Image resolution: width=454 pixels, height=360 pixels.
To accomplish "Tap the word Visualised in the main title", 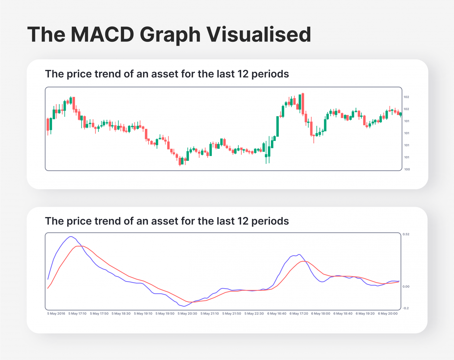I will click(x=259, y=35).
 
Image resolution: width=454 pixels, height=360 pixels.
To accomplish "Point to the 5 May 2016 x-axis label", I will click(x=56, y=314).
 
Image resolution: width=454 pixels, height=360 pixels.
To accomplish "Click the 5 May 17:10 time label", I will click(x=77, y=314).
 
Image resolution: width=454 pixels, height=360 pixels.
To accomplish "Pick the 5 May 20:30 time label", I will click(x=187, y=314).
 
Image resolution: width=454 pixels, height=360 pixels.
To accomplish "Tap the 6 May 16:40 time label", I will click(x=277, y=314).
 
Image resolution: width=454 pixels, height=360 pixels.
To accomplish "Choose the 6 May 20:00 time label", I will click(x=388, y=314).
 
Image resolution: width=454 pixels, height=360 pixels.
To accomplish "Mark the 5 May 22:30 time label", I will click(x=254, y=314).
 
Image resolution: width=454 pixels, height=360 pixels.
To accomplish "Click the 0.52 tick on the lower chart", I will click(x=406, y=234).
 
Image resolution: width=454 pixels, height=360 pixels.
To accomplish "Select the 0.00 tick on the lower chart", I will click(x=406, y=286).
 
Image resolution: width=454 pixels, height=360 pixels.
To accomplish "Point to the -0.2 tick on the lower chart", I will click(x=406, y=308).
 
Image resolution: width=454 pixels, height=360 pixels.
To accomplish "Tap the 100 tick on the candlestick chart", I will click(x=407, y=170).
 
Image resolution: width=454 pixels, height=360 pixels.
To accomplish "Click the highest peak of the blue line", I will click(x=71, y=236).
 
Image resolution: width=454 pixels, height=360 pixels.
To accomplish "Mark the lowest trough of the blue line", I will click(x=183, y=306).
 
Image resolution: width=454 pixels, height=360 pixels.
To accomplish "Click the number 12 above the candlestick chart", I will click(x=243, y=74).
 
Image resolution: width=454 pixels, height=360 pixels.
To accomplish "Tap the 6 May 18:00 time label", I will click(x=321, y=314).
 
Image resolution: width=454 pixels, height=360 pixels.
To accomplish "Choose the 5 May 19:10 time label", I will click(x=143, y=314).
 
